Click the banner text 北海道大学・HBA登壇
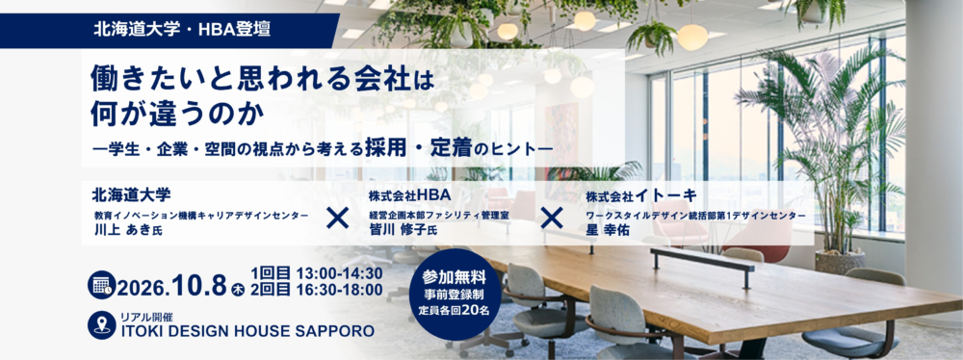(x=182, y=30)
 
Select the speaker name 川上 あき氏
(x=128, y=230)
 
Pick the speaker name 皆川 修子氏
(x=403, y=230)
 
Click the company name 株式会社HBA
(x=410, y=195)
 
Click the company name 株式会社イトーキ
(x=641, y=196)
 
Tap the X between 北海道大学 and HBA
(x=338, y=218)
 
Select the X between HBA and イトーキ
(x=552, y=218)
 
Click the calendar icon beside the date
(x=101, y=284)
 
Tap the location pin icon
(x=101, y=325)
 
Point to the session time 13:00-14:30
(x=339, y=272)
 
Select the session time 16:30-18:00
(x=339, y=290)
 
